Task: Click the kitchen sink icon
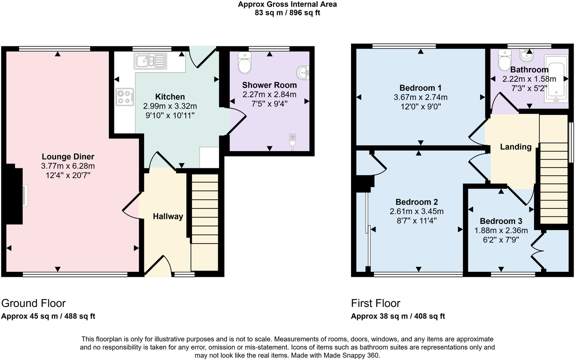(150, 61)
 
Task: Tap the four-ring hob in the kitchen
(125, 97)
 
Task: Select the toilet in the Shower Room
(244, 63)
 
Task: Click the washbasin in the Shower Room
(303, 73)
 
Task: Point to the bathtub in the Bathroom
(555, 82)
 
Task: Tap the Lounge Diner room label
(68, 157)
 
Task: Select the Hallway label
(168, 216)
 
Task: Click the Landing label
(516, 147)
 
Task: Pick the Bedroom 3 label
(501, 221)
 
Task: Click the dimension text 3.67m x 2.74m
(420, 97)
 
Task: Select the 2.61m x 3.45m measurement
(416, 211)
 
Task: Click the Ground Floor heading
(33, 303)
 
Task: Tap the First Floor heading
(376, 303)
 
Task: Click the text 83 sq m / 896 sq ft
(287, 13)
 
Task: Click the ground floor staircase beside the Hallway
(204, 226)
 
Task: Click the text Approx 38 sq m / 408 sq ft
(398, 316)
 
